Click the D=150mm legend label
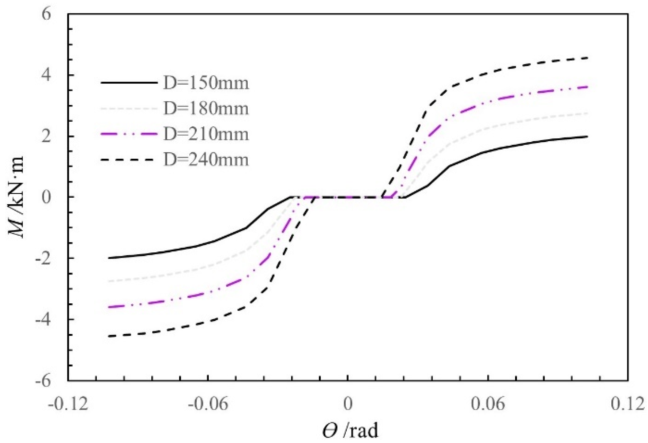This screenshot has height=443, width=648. coord(206,83)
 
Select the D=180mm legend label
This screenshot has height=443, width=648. coord(206,109)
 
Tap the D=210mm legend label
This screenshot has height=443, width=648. coord(206,134)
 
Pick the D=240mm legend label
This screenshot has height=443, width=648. coord(206,160)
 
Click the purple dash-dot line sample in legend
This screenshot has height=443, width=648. coord(129,134)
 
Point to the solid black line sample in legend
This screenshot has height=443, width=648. coord(129,83)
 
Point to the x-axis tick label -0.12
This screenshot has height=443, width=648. coord(68,404)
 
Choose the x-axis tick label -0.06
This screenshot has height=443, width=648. coord(208,404)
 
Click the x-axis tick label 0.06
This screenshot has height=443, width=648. coord(488,404)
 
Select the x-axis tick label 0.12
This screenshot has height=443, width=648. coord(628,404)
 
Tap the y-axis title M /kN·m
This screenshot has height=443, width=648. coord(16,197)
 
